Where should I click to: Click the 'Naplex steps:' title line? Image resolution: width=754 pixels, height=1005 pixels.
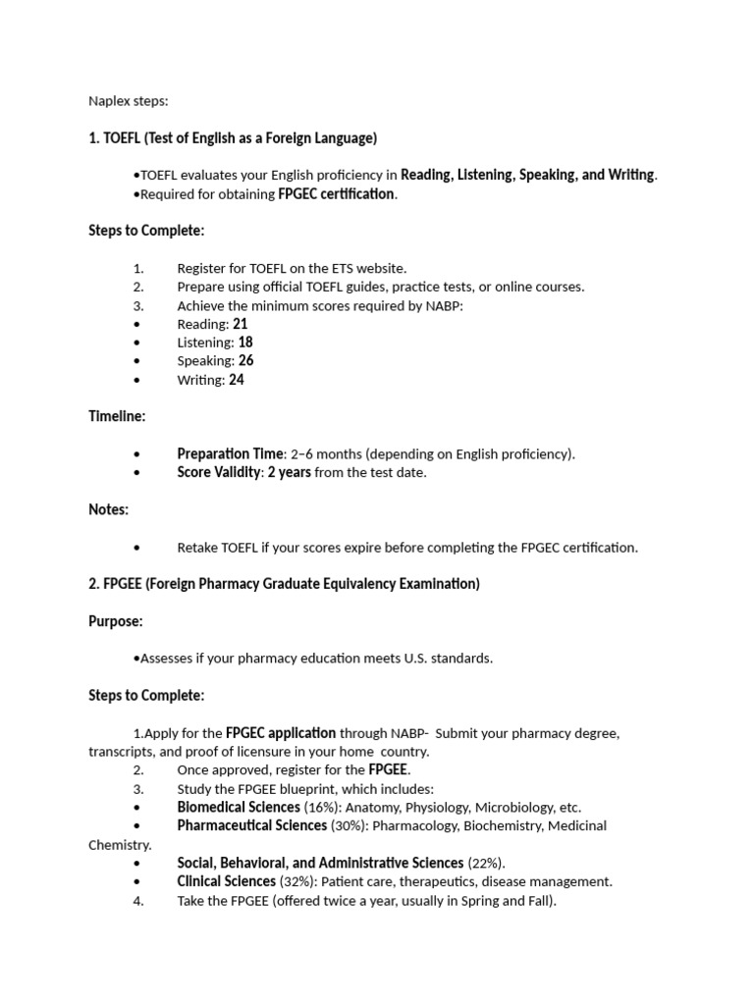[x=129, y=100]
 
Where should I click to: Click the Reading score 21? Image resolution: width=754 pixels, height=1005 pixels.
[x=241, y=324]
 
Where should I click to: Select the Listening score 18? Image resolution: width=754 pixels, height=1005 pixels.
[x=245, y=343]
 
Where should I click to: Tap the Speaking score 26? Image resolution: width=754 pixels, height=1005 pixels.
[x=245, y=361]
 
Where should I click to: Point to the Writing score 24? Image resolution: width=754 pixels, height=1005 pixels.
[x=237, y=380]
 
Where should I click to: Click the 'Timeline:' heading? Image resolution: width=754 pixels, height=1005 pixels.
[x=117, y=416]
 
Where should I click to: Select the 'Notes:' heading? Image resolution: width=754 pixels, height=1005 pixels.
[x=109, y=509]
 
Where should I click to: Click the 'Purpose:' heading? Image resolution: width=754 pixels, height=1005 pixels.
[x=116, y=621]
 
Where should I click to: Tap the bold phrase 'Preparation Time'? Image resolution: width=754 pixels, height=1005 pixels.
[x=230, y=453]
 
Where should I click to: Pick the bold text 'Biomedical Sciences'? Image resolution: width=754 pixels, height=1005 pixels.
[x=239, y=807]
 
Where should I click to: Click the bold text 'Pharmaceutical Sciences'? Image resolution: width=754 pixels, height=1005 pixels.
[x=251, y=825]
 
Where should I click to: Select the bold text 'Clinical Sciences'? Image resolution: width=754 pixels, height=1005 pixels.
[x=226, y=881]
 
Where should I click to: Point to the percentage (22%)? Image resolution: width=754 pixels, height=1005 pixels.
[x=486, y=863]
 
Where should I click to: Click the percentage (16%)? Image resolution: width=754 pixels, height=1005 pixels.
[x=323, y=807]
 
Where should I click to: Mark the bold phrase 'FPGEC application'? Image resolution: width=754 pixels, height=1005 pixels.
[x=281, y=733]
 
